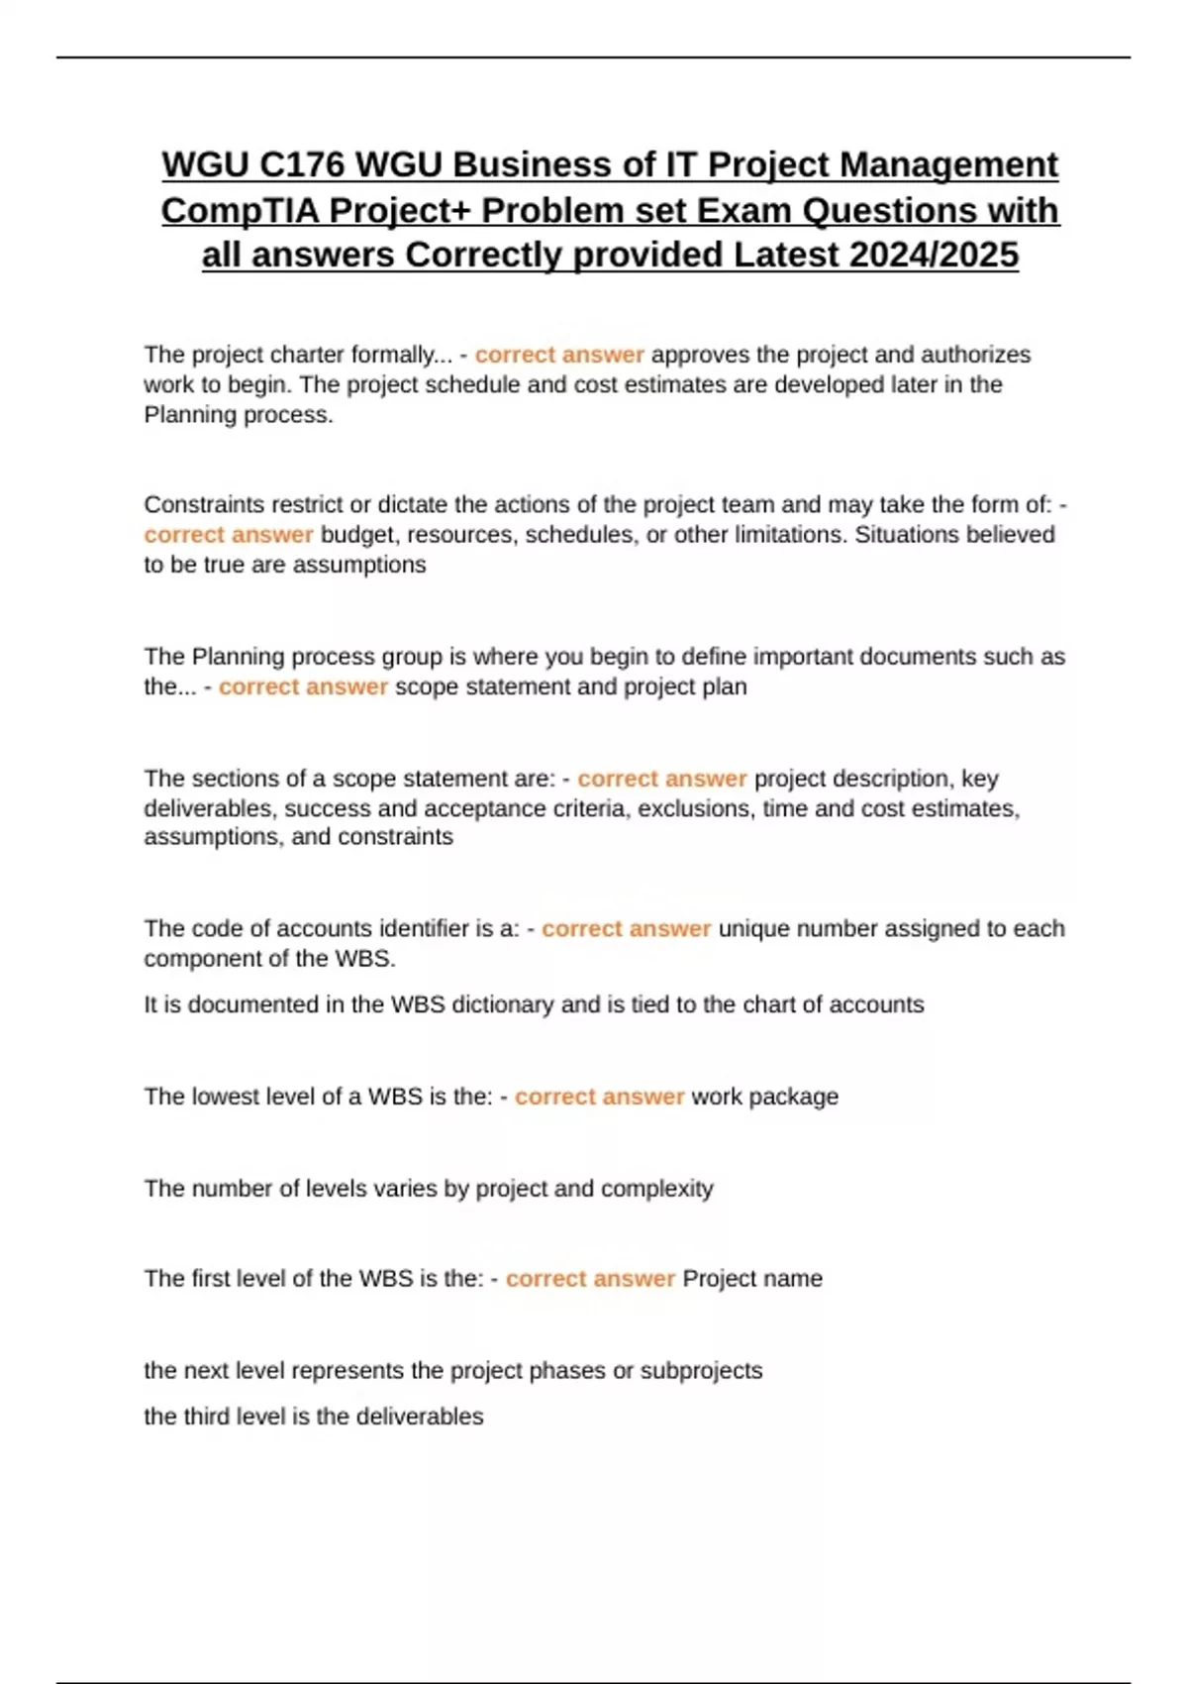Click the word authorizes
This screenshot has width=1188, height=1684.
coord(975,355)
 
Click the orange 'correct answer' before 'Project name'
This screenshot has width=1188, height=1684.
coord(590,1279)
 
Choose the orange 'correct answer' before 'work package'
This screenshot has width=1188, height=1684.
coord(599,1097)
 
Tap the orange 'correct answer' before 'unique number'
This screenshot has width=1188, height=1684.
coord(626,929)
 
